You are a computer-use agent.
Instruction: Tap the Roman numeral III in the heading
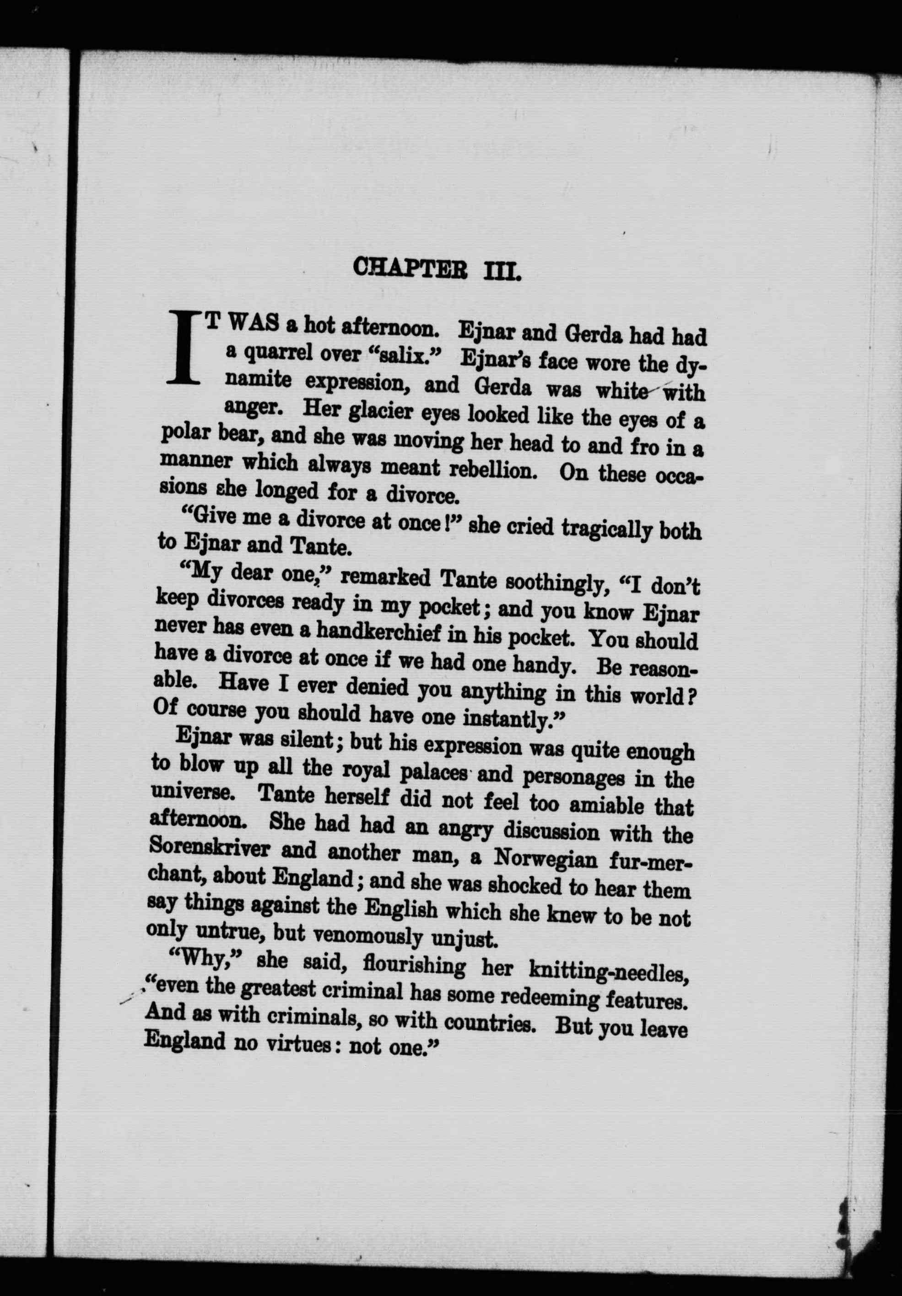[501, 271]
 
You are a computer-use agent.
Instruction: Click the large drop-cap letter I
[186, 346]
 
